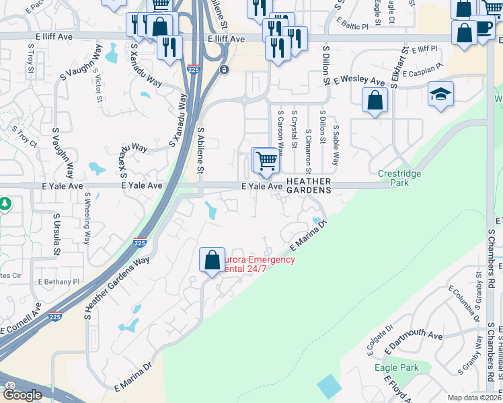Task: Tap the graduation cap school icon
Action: click(440, 95)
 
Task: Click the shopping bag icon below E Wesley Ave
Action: click(375, 101)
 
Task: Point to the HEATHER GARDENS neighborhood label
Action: click(309, 185)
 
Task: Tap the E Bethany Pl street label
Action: click(59, 282)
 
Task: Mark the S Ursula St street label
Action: click(57, 230)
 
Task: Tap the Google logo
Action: click(23, 395)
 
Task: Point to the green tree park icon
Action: click(4, 204)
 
